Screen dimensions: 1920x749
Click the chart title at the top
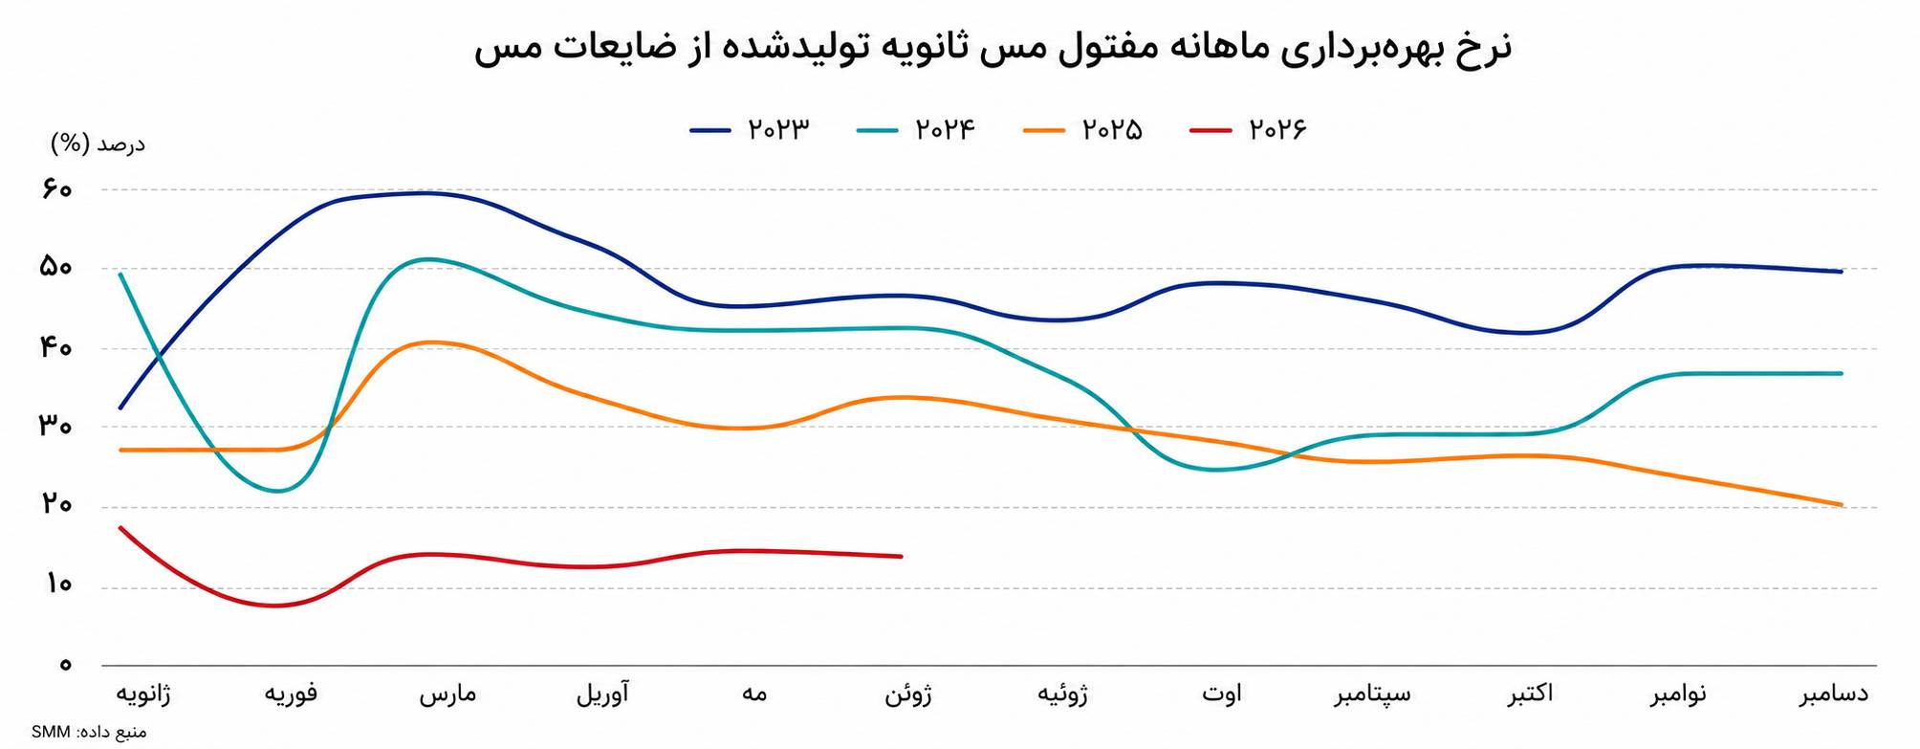(993, 48)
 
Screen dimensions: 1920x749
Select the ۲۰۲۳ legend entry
(751, 129)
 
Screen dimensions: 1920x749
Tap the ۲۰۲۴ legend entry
(917, 129)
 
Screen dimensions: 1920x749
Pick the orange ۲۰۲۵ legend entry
(1083, 129)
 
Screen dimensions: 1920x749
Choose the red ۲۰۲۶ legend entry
(1249, 129)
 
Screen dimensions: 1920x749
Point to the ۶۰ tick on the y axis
(56, 189)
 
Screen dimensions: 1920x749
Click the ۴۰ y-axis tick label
(56, 348)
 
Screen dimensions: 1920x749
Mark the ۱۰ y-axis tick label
(57, 584)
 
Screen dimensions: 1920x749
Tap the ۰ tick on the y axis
(65, 664)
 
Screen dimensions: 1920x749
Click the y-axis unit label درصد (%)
(98, 144)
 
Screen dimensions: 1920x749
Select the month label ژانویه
(143, 694)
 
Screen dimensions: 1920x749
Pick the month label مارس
(447, 694)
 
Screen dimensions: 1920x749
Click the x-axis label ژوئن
(907, 694)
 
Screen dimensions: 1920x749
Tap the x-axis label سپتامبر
(1372, 694)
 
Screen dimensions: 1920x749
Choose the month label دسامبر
(1834, 694)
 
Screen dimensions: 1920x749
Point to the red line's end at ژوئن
(902, 556)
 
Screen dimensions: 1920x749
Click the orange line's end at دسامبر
(1841, 505)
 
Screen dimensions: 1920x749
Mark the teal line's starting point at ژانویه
(120, 275)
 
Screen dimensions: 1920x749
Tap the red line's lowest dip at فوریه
(276, 606)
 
